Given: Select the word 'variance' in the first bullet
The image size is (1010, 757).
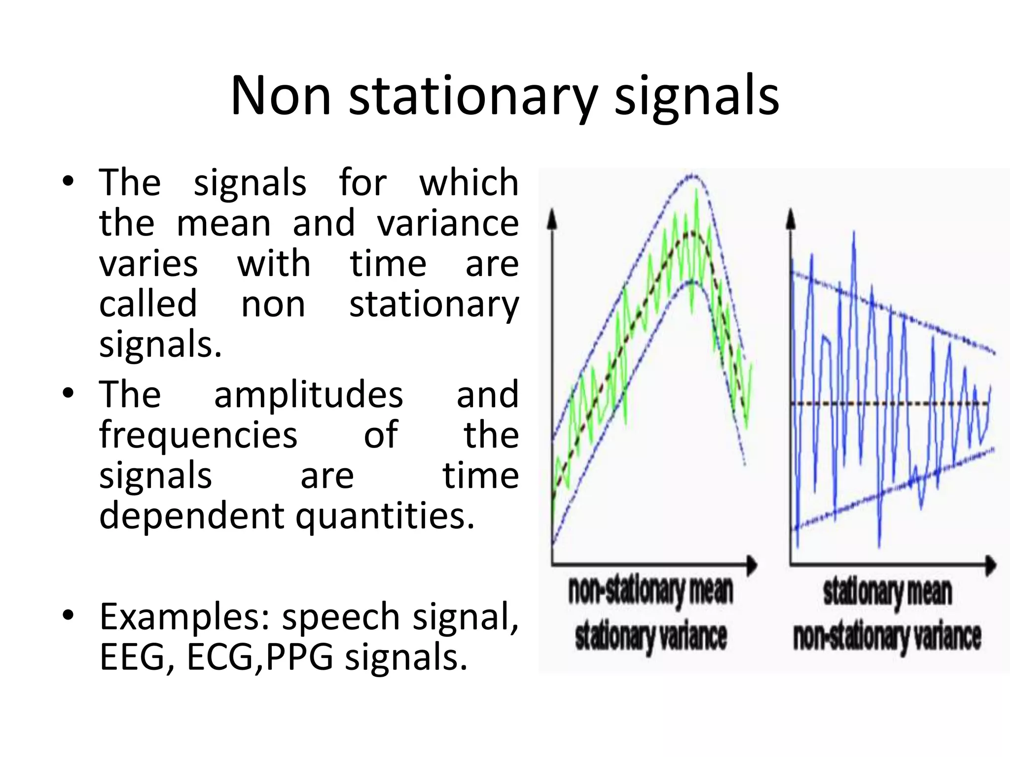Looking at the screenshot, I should tap(448, 223).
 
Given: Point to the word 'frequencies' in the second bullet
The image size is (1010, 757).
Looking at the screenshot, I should tap(198, 435).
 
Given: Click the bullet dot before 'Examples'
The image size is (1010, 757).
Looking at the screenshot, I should tap(68, 615).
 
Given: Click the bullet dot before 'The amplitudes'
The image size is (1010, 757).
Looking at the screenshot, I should tap(68, 393).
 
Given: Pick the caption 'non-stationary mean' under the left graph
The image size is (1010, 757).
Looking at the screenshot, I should tap(651, 591).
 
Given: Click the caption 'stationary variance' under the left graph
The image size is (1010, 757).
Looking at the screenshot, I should tap(651, 636).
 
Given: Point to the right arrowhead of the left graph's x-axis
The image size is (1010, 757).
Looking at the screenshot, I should tap(752, 565).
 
